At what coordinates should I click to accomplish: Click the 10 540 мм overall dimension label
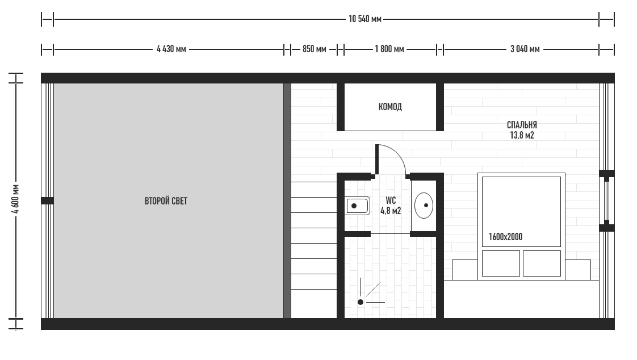tap(365, 19)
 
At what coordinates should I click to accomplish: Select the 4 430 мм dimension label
tap(171, 49)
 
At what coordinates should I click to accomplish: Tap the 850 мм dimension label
tap(314, 49)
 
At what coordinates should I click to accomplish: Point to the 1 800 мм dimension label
tap(389, 49)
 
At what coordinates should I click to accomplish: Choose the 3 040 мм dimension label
tap(525, 49)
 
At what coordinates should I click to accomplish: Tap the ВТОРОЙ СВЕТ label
tap(166, 201)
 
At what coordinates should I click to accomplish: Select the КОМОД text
tap(390, 107)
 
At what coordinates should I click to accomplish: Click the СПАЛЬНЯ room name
tap(522, 125)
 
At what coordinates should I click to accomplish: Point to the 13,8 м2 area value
tap(522, 135)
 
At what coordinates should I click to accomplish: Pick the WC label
tap(391, 200)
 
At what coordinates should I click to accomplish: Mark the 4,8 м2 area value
tap(391, 211)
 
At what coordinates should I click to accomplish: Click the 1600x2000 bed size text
tap(505, 237)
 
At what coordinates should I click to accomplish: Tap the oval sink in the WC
tap(424, 206)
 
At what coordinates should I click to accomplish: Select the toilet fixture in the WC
tap(357, 206)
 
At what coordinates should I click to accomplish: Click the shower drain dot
tap(361, 302)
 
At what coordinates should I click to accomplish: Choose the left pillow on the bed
tap(501, 263)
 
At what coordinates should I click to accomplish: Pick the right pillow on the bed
tap(542, 263)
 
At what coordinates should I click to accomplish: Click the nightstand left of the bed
tap(465, 270)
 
